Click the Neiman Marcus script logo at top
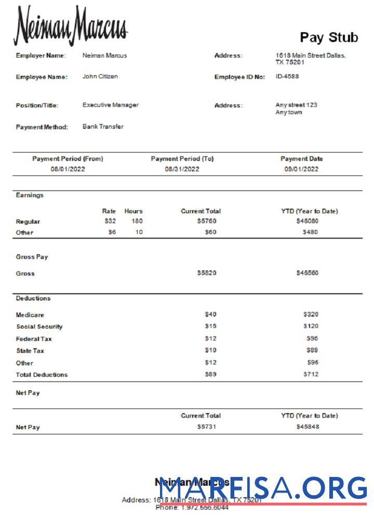(x=71, y=26)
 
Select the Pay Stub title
(x=329, y=37)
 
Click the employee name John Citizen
(x=100, y=76)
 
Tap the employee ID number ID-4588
(x=287, y=76)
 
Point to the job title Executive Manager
(x=110, y=105)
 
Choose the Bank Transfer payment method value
(x=103, y=127)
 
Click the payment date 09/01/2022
(x=301, y=169)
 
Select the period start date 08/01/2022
(x=68, y=169)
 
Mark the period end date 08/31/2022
(x=182, y=169)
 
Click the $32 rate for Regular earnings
(x=110, y=222)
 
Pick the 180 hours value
(x=137, y=222)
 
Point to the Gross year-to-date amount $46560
(x=308, y=273)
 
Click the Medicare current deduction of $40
(x=210, y=315)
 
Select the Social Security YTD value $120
(x=311, y=326)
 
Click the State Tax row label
(x=30, y=351)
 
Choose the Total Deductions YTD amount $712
(x=311, y=374)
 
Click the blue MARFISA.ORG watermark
(x=263, y=489)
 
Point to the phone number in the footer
(x=192, y=508)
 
